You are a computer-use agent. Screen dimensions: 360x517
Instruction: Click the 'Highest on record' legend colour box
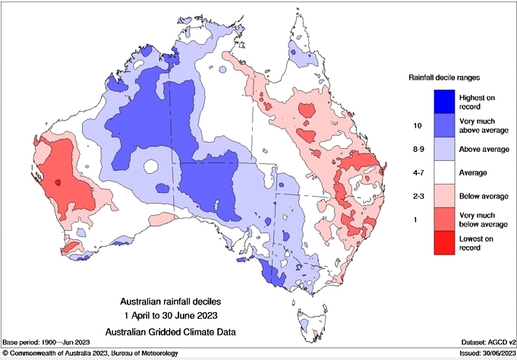tap(444, 101)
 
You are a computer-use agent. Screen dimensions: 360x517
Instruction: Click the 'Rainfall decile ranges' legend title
tap(444, 77)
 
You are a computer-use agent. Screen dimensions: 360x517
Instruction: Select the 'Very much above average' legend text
tap(482, 125)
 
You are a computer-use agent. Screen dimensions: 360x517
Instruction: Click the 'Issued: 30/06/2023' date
tap(483, 354)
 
